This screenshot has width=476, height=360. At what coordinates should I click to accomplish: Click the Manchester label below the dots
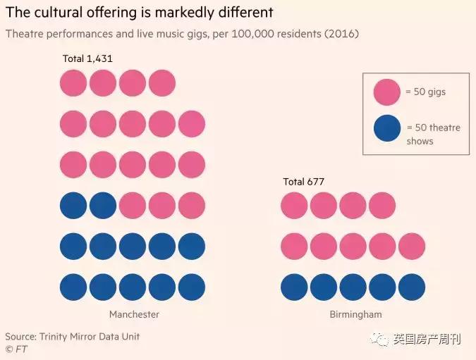click(x=134, y=314)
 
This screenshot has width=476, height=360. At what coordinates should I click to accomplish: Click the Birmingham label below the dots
click(x=355, y=314)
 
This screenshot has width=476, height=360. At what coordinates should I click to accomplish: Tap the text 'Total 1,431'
click(x=87, y=59)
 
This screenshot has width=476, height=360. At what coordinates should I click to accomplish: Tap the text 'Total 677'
click(x=303, y=182)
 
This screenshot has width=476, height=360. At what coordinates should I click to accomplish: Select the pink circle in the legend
click(x=387, y=92)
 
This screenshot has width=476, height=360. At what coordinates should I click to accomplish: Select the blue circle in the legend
click(x=387, y=128)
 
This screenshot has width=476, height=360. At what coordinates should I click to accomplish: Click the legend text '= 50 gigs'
click(x=426, y=92)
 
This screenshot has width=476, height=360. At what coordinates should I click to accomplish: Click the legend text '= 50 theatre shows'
click(x=432, y=134)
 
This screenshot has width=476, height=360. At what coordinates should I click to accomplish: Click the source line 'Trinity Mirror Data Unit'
click(x=90, y=337)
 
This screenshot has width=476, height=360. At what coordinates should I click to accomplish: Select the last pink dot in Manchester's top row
click(x=162, y=83)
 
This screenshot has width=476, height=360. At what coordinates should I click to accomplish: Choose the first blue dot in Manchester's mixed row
click(x=73, y=206)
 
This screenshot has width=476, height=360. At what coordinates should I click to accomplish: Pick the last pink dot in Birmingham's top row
click(x=382, y=206)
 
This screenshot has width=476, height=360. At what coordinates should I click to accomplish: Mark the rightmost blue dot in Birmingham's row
click(x=412, y=287)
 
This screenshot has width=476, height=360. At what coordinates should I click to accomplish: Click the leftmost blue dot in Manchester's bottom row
click(x=73, y=287)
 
